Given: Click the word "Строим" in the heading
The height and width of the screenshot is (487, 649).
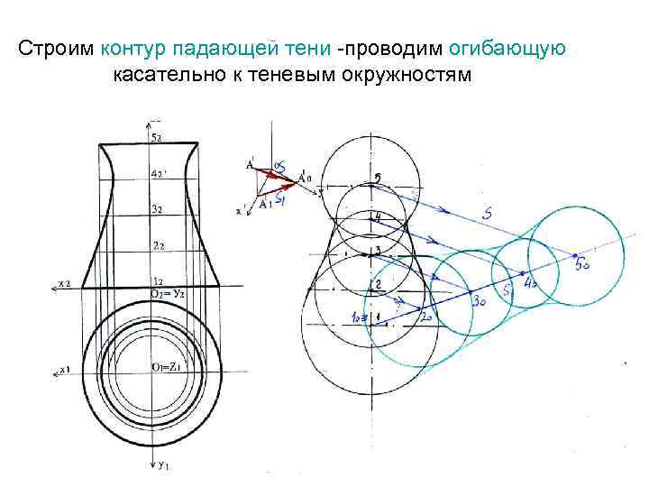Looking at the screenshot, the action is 56,48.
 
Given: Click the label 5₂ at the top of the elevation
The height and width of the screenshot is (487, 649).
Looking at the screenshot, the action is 156,137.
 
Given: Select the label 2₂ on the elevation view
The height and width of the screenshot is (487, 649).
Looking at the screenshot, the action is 157,245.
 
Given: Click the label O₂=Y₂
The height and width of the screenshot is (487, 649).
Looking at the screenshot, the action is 168,293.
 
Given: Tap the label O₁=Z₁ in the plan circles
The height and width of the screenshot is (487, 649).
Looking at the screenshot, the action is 168,366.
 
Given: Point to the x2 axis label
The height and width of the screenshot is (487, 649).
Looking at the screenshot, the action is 65,284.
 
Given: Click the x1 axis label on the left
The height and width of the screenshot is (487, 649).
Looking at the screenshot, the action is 65,369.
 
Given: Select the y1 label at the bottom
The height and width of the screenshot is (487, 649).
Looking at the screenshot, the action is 163,466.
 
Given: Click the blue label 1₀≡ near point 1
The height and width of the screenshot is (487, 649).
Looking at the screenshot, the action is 359,318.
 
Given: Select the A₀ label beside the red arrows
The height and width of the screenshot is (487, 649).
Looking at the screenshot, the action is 306,178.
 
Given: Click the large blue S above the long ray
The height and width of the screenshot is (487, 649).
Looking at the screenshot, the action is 487,214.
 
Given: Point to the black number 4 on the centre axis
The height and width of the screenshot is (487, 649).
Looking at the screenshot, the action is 378,216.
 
